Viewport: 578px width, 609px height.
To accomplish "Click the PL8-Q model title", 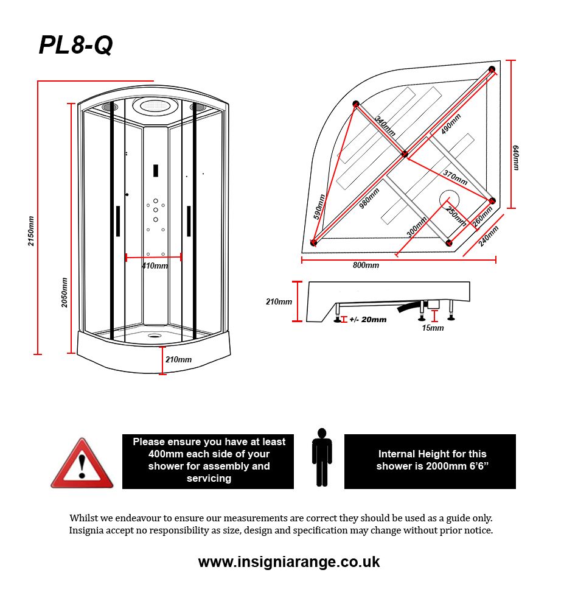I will coord(75,45).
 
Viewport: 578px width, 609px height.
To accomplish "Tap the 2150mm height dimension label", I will coord(31,231).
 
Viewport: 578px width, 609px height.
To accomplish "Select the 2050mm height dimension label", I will coord(64,292).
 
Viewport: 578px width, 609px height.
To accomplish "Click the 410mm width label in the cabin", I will coord(155,266).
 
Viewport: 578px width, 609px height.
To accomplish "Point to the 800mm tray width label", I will coord(366,266).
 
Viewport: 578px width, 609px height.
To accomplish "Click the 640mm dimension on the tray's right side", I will coord(516,157).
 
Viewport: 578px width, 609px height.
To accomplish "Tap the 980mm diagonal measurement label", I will coord(369,198).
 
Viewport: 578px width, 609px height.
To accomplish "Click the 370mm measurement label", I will coord(455,178).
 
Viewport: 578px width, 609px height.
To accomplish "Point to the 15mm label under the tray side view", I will coord(433,328).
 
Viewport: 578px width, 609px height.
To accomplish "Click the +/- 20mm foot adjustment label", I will coord(367,320).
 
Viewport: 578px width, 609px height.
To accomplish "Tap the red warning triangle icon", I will coord(82,464).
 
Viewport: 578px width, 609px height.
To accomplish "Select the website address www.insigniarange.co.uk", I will coord(289,561).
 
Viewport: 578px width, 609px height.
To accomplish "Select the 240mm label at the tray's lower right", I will coord(489,236).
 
